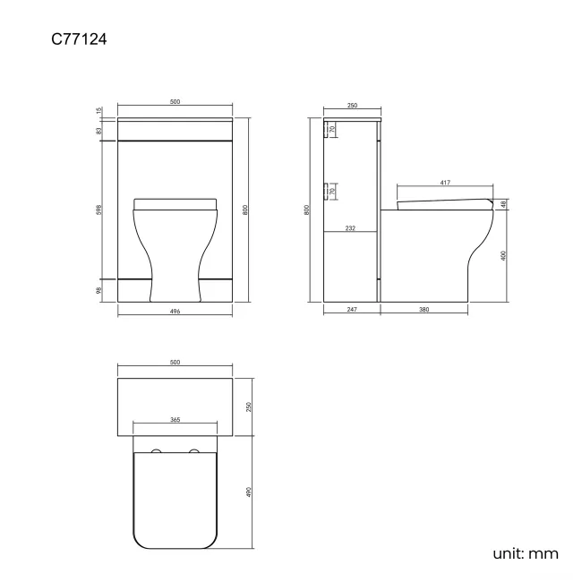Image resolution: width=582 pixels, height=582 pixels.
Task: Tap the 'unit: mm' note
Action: click(x=526, y=553)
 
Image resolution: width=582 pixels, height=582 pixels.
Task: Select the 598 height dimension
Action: click(x=99, y=210)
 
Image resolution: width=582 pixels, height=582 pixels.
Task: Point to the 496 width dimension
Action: click(x=175, y=312)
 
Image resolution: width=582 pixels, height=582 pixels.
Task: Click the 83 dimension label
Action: click(x=99, y=130)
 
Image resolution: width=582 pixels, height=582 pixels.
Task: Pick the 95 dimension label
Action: click(x=99, y=289)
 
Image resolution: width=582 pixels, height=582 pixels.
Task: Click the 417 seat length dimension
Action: click(x=445, y=184)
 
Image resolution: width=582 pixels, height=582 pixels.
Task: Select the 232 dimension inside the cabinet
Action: click(x=350, y=228)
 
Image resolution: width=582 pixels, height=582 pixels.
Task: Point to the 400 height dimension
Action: click(x=504, y=255)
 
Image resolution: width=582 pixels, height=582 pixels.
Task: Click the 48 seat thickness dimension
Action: click(x=504, y=204)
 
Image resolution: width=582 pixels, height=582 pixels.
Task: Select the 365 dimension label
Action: click(x=175, y=420)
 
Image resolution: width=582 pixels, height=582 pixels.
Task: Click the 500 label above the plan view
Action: click(x=175, y=362)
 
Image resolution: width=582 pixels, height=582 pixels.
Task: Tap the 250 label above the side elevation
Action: click(x=352, y=106)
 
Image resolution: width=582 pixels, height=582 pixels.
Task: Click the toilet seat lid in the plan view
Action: click(x=175, y=501)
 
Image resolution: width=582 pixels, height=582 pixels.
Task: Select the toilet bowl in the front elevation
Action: click(x=175, y=237)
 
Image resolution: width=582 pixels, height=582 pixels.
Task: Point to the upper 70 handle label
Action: click(x=332, y=130)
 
